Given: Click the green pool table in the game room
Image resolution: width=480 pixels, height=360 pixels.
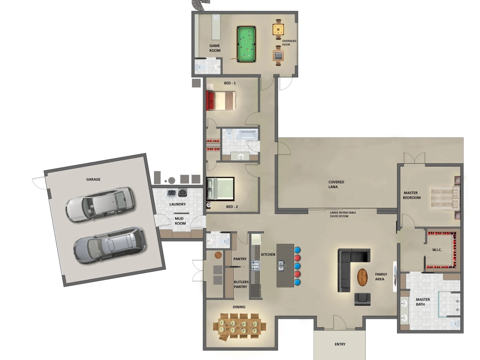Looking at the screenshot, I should pos(247,44).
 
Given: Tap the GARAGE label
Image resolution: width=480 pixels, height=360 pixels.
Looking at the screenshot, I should pos(93,179).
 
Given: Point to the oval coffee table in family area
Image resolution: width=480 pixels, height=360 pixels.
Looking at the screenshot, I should pos(362,277).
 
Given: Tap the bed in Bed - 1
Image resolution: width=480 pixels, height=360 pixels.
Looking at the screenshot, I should pos(221,100).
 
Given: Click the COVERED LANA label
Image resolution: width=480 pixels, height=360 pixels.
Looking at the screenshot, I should pos(336,185).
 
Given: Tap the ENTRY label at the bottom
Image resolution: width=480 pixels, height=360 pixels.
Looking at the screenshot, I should pos(340,344).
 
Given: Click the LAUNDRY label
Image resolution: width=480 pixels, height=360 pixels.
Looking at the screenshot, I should pos(177,204).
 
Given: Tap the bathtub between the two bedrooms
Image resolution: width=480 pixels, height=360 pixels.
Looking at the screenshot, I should pos(240,134).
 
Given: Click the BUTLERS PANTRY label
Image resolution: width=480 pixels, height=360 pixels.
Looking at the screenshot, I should pos(240,284).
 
